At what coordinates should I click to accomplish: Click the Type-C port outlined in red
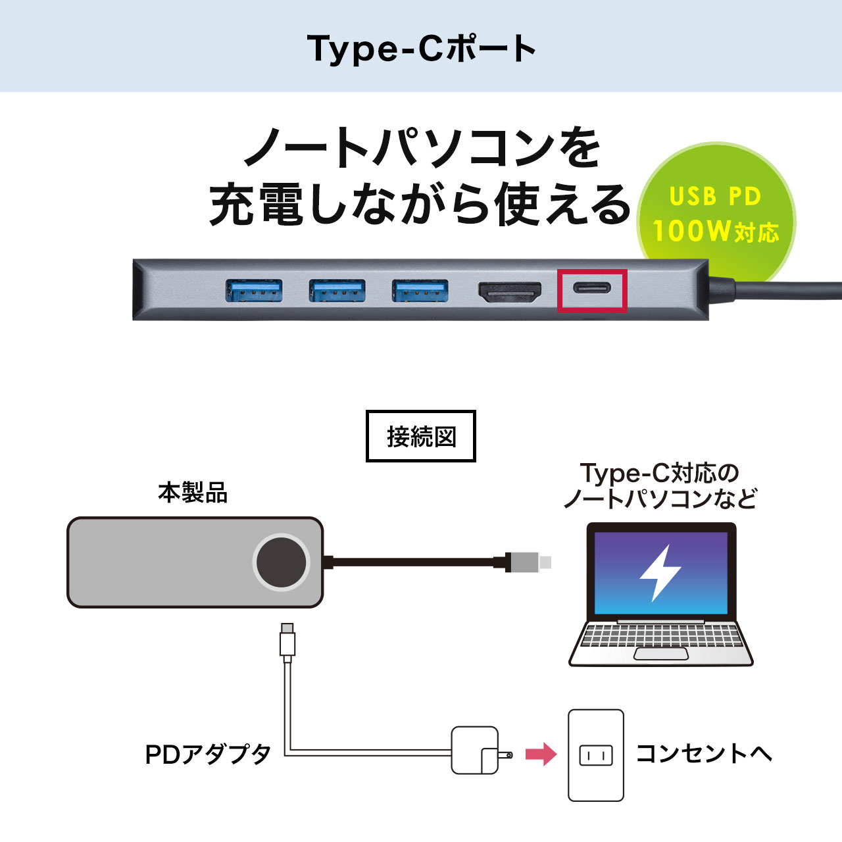pos(592,289)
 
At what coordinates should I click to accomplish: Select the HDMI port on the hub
pos(510,291)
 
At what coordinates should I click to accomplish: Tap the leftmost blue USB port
pos(254,290)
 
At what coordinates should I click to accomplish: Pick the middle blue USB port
pos(337,290)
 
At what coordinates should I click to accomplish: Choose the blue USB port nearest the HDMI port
pos(420,290)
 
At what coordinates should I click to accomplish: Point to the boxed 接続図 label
pos(421,437)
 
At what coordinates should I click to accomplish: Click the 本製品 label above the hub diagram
pos(193,493)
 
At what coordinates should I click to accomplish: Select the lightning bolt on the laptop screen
pos(660,572)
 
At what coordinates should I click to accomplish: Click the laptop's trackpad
pos(660,654)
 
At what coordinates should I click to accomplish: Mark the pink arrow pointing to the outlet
pos(541,754)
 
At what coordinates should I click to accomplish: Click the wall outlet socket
pos(595,755)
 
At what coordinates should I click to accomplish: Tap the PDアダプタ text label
pos(208,755)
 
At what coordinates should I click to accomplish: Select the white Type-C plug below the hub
pos(287,639)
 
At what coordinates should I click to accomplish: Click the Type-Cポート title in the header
pos(421,49)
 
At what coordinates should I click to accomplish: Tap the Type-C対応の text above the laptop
pos(660,473)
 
